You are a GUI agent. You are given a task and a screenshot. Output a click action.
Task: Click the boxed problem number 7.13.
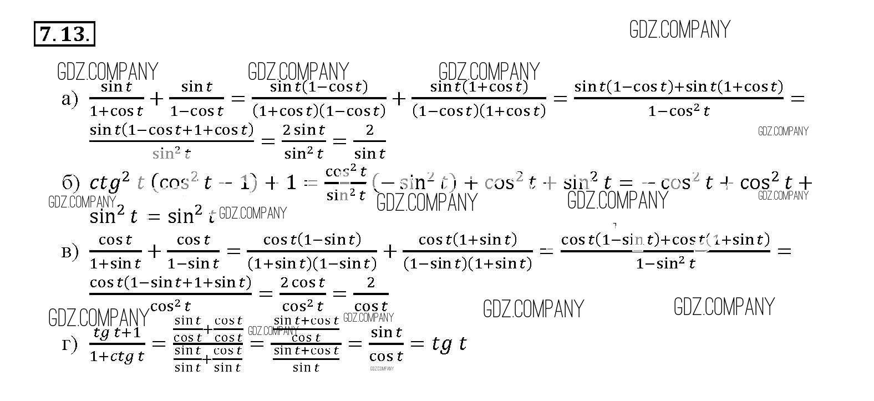tap(64, 34)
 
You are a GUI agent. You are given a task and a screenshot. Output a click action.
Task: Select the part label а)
tap(70, 99)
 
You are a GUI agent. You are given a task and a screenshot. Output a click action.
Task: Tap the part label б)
tap(71, 183)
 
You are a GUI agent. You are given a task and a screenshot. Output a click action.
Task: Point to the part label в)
tap(70, 252)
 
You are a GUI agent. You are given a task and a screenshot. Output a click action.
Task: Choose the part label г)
tap(70, 345)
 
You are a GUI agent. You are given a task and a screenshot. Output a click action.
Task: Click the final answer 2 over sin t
tap(369, 141)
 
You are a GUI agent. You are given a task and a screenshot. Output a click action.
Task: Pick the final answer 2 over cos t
tap(370, 295)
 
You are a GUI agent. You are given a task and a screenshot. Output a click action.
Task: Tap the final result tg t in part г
tap(449, 344)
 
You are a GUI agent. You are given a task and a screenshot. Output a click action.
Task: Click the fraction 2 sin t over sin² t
tap(304, 141)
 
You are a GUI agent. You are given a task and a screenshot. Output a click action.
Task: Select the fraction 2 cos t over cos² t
tap(302, 295)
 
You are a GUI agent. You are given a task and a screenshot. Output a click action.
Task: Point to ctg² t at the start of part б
tap(116, 182)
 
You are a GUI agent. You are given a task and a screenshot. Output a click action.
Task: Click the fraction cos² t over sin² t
tap(346, 183)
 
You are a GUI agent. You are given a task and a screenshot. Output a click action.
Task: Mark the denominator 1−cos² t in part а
tap(679, 111)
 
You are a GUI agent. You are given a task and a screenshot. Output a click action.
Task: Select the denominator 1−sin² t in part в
tap(665, 263)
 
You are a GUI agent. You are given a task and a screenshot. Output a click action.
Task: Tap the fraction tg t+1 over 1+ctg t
tap(117, 345)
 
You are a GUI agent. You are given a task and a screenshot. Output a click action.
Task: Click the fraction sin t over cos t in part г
tap(386, 344)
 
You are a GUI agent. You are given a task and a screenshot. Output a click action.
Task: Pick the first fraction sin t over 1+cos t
tap(116, 99)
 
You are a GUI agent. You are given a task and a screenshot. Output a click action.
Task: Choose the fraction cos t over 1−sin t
tap(193, 251)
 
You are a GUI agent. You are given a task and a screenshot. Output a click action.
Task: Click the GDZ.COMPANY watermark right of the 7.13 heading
tap(679, 29)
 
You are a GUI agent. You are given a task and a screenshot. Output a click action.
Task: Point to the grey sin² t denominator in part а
tap(171, 153)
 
